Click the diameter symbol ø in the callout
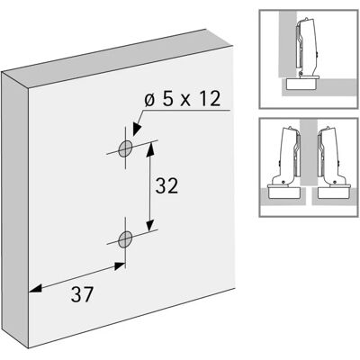(150, 100)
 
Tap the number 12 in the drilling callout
(209, 99)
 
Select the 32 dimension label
(166, 185)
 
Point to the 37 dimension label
(82, 294)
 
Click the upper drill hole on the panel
(125, 148)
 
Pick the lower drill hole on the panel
(125, 239)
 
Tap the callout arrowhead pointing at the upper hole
(137, 129)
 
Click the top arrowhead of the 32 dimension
(151, 148)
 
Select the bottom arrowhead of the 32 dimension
(150, 226)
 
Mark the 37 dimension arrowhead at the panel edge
(35, 289)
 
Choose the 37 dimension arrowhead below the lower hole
(120, 266)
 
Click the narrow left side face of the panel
(15, 210)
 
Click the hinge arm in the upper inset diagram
(306, 48)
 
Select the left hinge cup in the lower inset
(283, 192)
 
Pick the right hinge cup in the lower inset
(333, 192)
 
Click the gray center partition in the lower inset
(309, 152)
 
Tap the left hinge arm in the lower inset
(286, 156)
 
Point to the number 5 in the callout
(168, 99)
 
